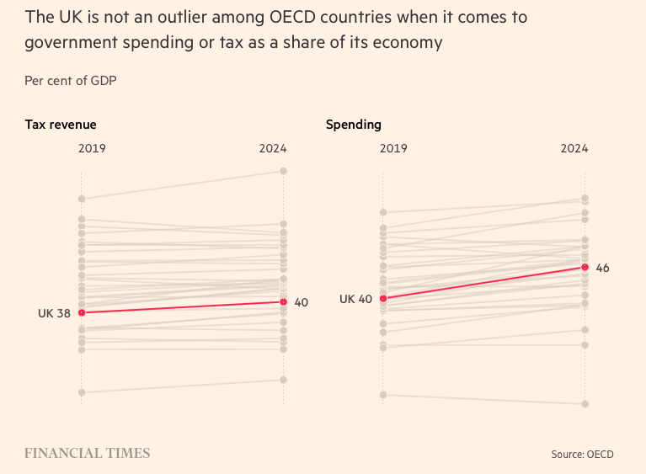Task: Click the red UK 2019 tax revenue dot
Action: pos(82,312)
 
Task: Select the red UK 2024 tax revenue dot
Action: pos(284,301)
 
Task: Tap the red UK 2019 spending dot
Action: pos(383,298)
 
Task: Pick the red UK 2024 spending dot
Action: pos(585,267)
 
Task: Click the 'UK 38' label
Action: pos(54,313)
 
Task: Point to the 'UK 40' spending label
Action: pos(355,299)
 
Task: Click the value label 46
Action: pos(602,268)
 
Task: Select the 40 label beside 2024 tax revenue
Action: pos(301,302)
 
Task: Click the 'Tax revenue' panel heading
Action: pos(60,125)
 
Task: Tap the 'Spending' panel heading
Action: pos(354,125)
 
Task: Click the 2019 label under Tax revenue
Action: pos(92,148)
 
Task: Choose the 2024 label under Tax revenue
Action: pos(273,148)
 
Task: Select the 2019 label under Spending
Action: pos(393,148)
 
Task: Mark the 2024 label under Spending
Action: pos(574,148)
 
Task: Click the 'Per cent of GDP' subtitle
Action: pos(71,81)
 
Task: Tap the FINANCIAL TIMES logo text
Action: pos(88,454)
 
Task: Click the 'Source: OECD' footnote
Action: pos(582,455)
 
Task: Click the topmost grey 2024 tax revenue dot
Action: pos(284,171)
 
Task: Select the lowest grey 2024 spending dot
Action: pos(585,403)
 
